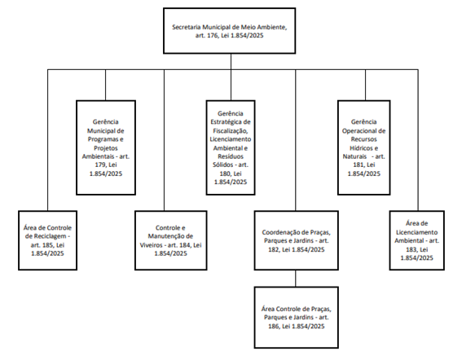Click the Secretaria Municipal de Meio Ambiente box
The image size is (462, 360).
click(229, 31)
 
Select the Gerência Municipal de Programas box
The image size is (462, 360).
click(106, 147)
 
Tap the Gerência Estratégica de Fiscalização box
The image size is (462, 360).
click(231, 147)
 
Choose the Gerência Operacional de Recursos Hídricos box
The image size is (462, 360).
click(364, 147)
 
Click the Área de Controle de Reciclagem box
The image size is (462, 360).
click(48, 240)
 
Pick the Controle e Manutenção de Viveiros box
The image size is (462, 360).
click(171, 240)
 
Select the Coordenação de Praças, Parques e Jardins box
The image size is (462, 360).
click(297, 240)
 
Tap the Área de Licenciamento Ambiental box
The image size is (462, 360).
click(417, 240)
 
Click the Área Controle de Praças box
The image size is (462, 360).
click(297, 318)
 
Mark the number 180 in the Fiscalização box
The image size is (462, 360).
click(225, 173)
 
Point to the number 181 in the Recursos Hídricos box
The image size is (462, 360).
click(359, 165)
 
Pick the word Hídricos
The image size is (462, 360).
click(362, 148)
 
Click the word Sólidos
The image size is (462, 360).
click(223, 165)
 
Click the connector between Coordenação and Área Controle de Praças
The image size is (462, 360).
click(296, 279)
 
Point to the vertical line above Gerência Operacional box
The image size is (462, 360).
click(365, 85)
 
